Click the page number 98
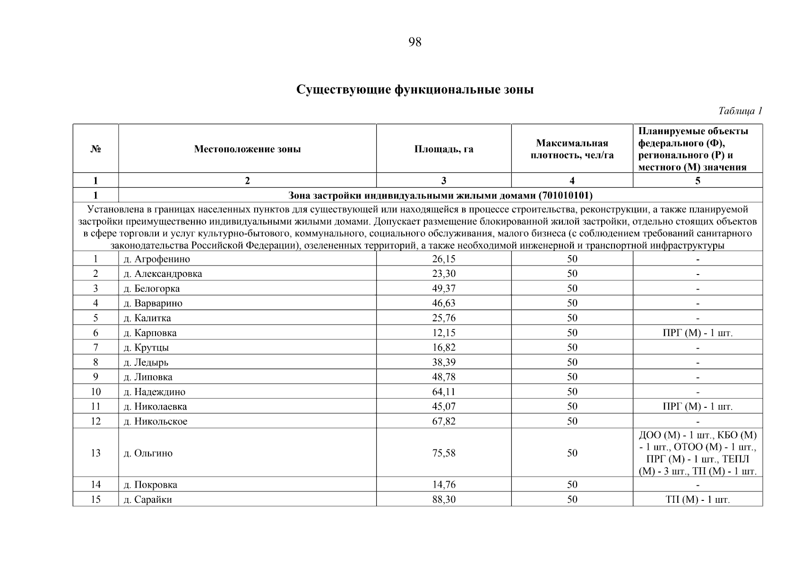414,42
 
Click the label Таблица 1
740,111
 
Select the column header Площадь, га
443,149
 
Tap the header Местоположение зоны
247,149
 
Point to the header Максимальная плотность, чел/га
572,149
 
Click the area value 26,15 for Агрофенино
443,259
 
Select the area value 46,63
443,303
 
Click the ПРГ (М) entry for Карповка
698,333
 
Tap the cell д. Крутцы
146,348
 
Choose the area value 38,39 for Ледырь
443,362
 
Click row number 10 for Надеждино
95,392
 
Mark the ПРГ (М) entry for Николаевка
698,407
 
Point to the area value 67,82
443,421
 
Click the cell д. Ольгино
148,453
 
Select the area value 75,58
443,453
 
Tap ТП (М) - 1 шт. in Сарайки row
698,499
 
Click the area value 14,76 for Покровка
443,485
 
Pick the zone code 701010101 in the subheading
565,195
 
